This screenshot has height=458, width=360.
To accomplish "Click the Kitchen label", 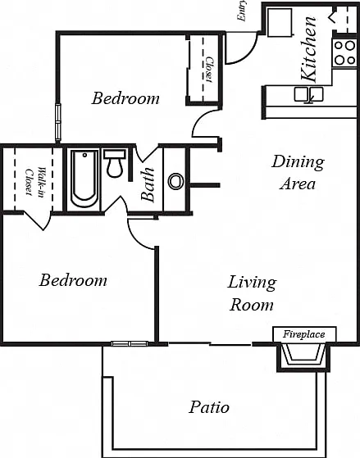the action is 308,49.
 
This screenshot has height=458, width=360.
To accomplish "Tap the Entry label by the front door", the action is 242,11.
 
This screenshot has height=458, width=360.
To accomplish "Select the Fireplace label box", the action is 304,334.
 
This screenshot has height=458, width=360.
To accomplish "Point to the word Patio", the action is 209,407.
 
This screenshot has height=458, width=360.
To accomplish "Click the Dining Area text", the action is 298,173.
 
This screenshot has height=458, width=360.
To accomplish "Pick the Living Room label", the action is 252,293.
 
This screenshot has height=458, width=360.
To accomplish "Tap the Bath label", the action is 148,184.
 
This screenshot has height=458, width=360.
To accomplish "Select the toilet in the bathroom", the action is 115,164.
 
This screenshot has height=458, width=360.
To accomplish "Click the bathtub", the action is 84,179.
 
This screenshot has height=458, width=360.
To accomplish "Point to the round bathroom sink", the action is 176,181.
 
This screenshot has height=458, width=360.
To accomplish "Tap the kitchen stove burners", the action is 344,53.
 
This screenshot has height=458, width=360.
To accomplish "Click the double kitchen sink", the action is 308,94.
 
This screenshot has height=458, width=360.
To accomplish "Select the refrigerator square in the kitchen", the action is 280,22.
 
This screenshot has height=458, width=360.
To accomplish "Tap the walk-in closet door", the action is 34,220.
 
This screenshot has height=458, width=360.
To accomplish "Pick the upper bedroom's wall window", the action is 58,122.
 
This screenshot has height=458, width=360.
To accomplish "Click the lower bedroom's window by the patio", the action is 130,343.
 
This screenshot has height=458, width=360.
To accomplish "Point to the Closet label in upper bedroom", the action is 210,69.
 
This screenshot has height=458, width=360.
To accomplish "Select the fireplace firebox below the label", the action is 303,356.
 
